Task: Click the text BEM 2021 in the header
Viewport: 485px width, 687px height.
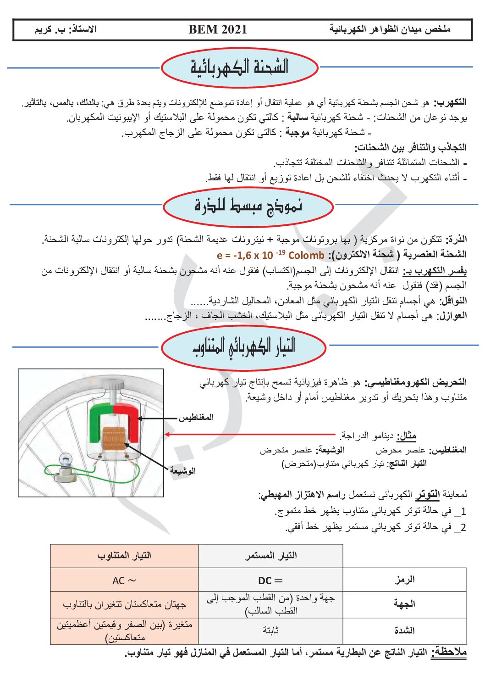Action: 217,30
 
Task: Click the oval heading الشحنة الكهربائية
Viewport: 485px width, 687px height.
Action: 239,67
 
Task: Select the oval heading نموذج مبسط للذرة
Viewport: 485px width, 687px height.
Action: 248,206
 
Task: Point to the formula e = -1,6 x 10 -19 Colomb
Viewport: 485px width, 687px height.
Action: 270,255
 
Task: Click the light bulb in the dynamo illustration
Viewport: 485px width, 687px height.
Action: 66,459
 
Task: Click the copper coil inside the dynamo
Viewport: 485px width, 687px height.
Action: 113,438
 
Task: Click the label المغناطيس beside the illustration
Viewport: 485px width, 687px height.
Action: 196,417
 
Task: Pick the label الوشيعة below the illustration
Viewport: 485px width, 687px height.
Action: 182,470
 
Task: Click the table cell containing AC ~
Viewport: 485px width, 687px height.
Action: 124,581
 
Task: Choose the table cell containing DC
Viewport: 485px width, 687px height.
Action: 270,581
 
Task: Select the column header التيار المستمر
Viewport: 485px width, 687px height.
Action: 270,556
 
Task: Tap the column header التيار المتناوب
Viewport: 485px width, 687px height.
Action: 124,556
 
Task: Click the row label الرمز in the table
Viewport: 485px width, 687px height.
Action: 405,580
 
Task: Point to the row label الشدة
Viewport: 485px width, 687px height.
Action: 405,631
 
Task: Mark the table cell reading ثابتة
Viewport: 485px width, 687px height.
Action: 270,631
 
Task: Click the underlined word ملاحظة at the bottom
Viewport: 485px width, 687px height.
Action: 449,652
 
